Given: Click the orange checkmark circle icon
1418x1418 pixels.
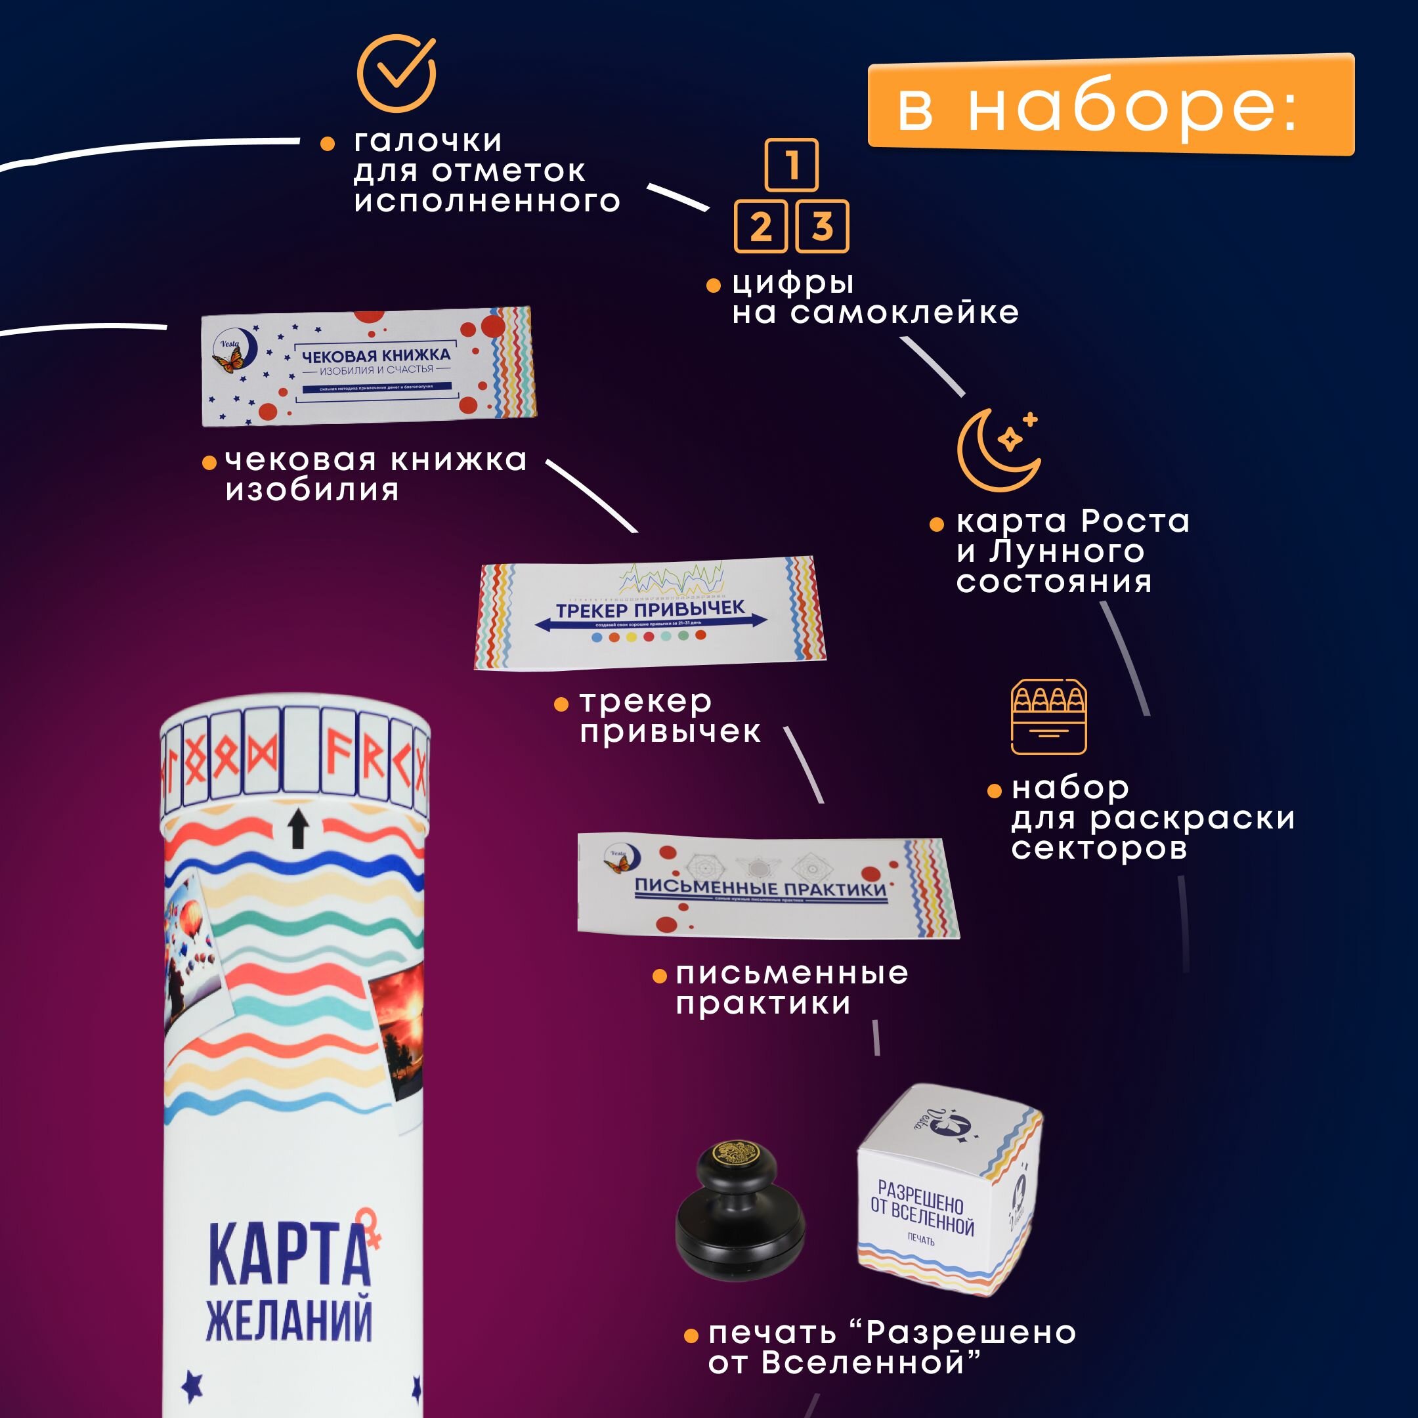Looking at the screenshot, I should [397, 74].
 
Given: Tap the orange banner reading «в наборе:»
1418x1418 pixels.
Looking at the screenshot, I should [1111, 104].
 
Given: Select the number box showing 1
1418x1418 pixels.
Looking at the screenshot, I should [791, 164].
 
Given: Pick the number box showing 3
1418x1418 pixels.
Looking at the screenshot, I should [822, 226].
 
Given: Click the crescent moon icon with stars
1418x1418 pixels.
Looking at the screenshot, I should [998, 449].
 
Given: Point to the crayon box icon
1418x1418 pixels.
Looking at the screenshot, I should [1048, 717].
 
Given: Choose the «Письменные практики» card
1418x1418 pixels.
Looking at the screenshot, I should [767, 887].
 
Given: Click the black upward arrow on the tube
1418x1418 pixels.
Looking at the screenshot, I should [297, 828].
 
